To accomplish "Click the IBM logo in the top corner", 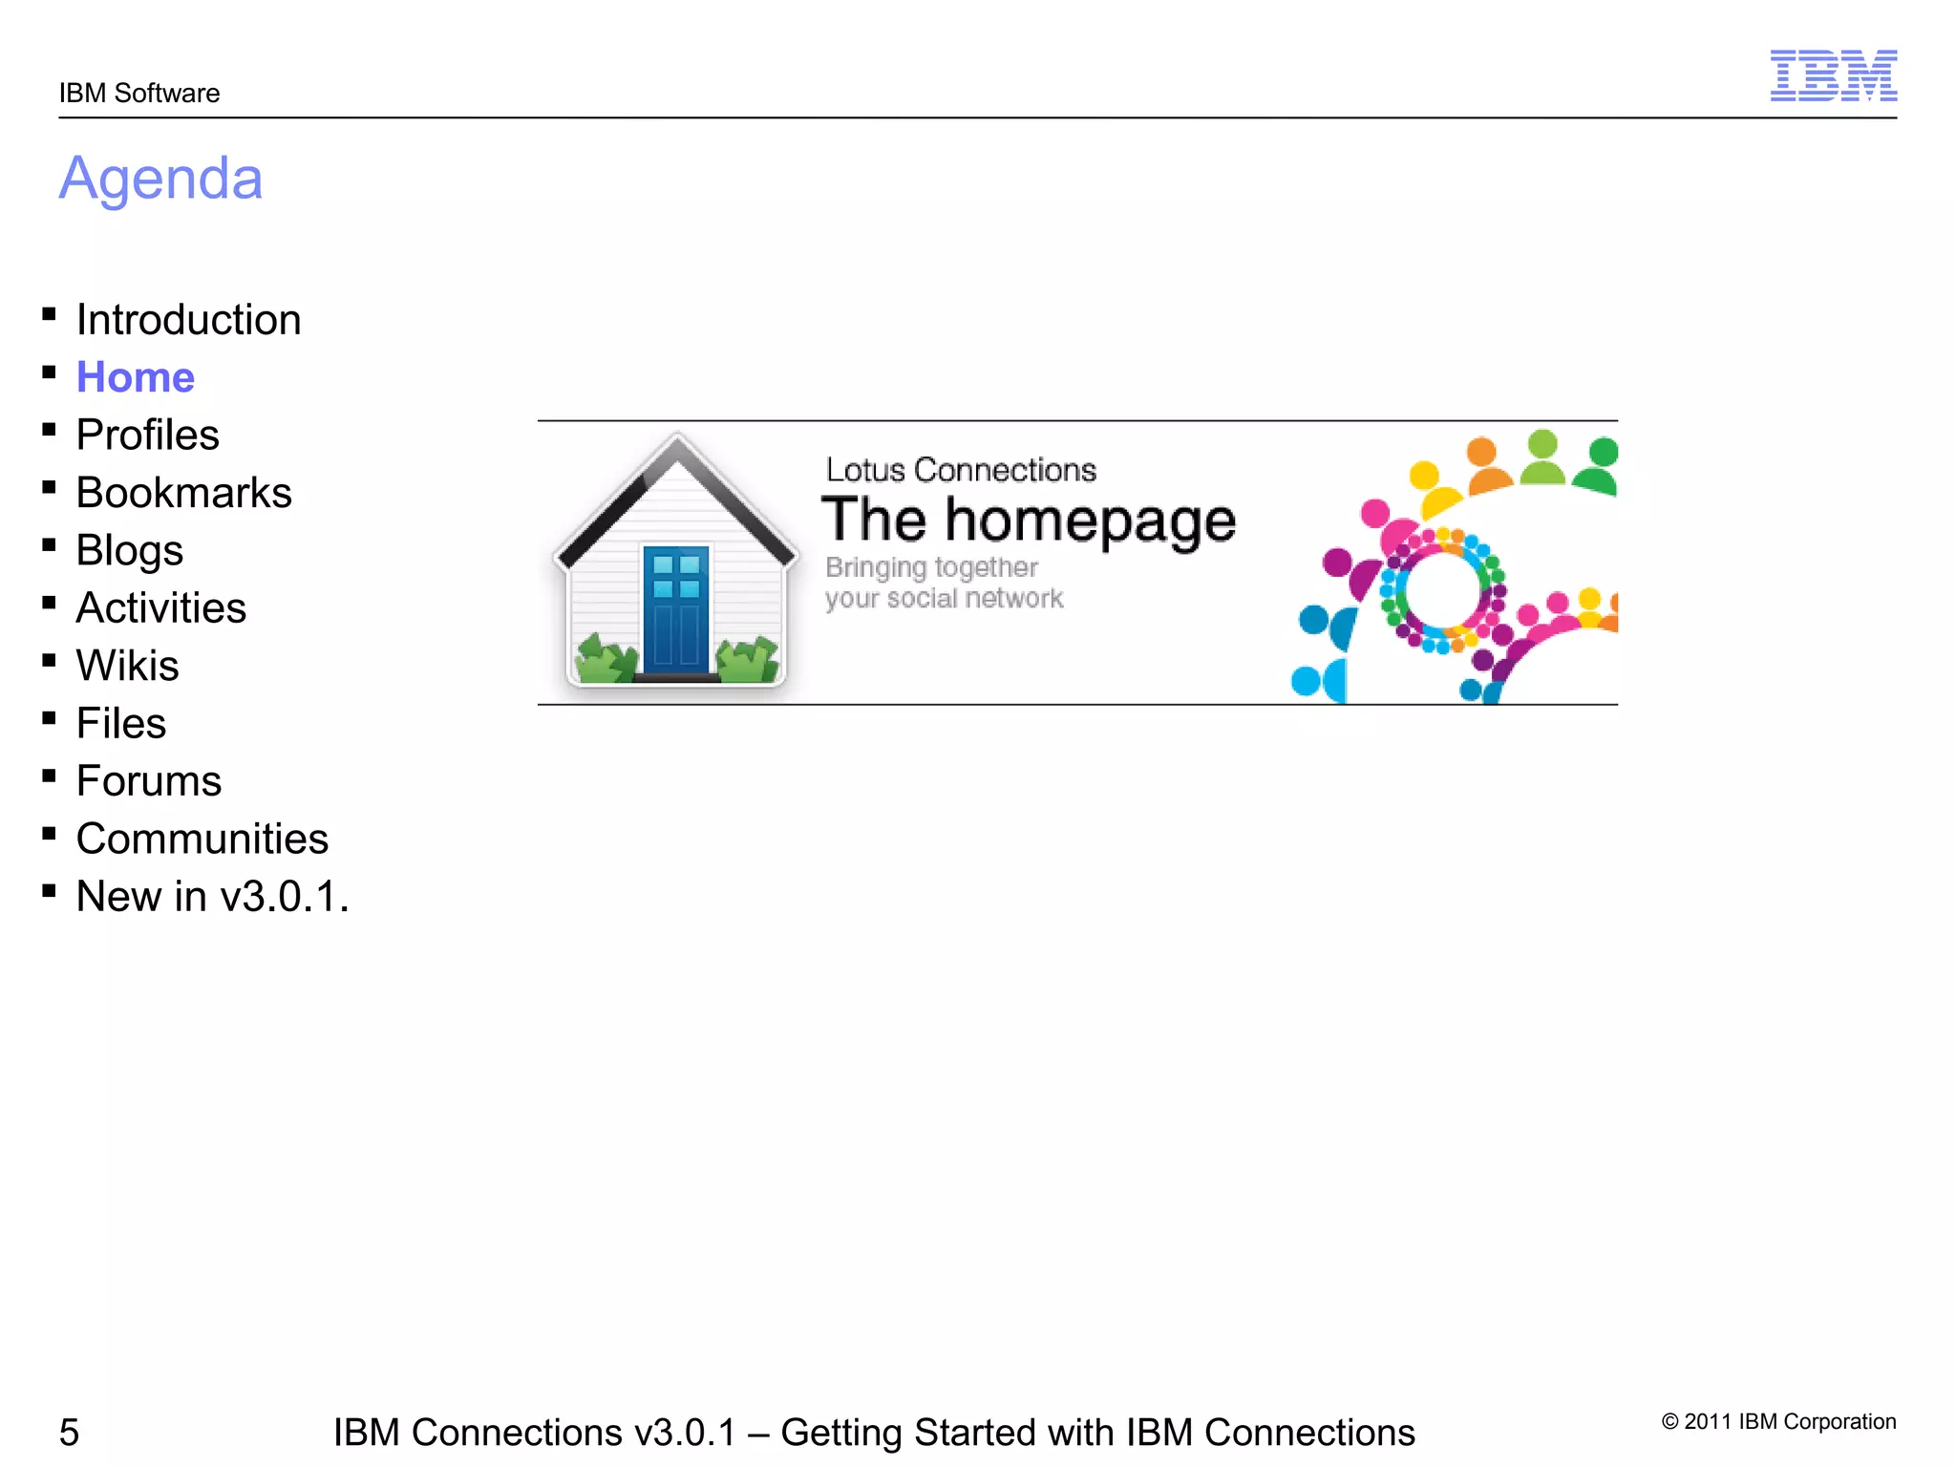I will (1833, 75).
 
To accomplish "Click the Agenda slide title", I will (160, 179).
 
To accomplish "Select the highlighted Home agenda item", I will (136, 377).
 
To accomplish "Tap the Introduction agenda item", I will (188, 320).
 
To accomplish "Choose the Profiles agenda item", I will (148, 436).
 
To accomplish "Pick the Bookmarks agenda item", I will (183, 493).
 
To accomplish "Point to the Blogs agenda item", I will (130, 551).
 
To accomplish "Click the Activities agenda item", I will (161, 608).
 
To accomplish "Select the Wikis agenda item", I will (128, 666).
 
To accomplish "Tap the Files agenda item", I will (121, 724).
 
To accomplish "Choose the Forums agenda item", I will (149, 781).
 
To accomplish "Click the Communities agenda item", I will (202, 840).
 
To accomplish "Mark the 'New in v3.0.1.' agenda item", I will (212, 897).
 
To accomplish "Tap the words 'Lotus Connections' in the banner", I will (961, 470).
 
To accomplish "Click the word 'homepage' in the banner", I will (1091, 521).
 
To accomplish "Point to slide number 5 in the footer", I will (69, 1433).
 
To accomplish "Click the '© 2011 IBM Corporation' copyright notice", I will (1778, 1421).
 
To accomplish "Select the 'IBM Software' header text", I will (139, 94).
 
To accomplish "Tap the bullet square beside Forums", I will (49, 776).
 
